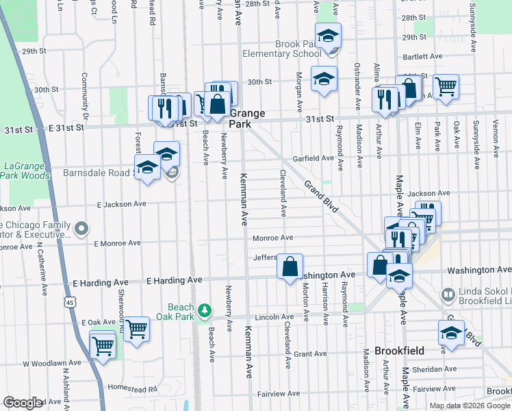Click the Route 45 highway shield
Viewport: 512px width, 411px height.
click(72, 301)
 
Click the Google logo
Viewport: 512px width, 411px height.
click(24, 403)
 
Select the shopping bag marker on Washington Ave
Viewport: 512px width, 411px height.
click(290, 266)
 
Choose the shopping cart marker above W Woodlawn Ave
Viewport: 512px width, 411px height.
click(103, 345)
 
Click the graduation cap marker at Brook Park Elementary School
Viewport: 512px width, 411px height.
click(328, 35)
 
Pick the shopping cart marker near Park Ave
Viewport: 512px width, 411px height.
click(446, 86)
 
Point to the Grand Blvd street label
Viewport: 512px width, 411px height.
click(322, 197)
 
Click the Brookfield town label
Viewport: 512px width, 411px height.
click(400, 350)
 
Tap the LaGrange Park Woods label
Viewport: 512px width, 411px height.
click(25, 171)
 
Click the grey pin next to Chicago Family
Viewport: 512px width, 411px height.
click(82, 228)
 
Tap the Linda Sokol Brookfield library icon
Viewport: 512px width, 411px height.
click(448, 295)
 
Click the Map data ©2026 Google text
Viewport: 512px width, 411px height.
click(470, 406)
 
